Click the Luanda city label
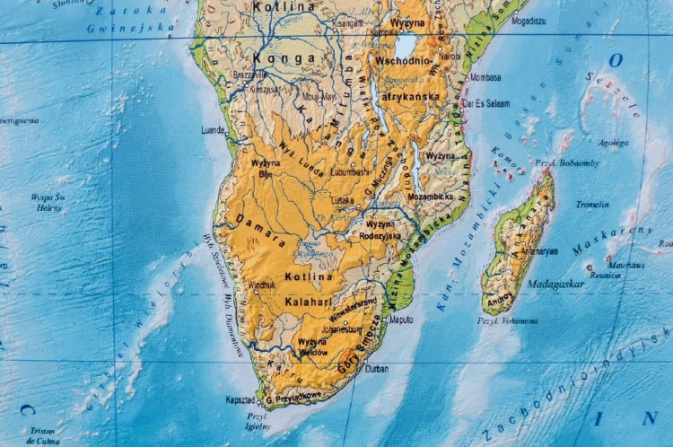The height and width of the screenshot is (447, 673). tap(213, 129)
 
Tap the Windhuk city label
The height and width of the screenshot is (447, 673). tap(261, 285)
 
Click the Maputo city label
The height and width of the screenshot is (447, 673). tap(400, 319)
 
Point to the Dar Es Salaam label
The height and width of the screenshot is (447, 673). tap(490, 104)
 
